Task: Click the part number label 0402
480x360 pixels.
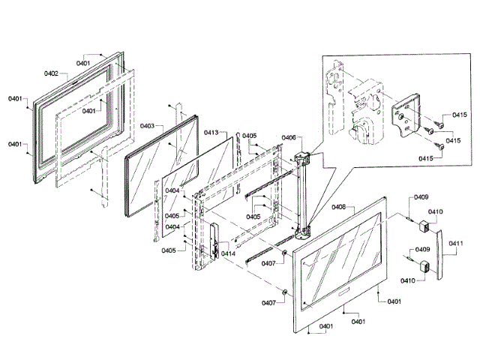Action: (x=51, y=73)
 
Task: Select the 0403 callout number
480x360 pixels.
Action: (x=147, y=126)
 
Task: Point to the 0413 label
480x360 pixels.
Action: (x=211, y=132)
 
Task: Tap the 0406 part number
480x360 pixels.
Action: (x=289, y=137)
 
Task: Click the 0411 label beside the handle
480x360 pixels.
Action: (x=456, y=243)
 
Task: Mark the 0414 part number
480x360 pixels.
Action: (x=228, y=253)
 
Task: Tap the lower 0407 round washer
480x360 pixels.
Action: (x=286, y=292)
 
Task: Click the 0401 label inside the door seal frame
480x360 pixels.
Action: (x=89, y=111)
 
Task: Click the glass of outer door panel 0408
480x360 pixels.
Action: (x=341, y=259)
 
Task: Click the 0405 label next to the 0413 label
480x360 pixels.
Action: (x=249, y=136)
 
